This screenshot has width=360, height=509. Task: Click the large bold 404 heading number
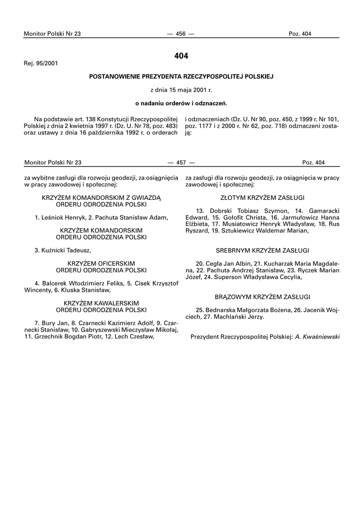point(181,56)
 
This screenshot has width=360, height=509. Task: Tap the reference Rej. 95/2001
point(41,64)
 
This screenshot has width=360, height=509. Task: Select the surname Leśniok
point(51,217)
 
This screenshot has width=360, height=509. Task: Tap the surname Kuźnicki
point(53,250)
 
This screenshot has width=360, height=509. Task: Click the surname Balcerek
point(55,283)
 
